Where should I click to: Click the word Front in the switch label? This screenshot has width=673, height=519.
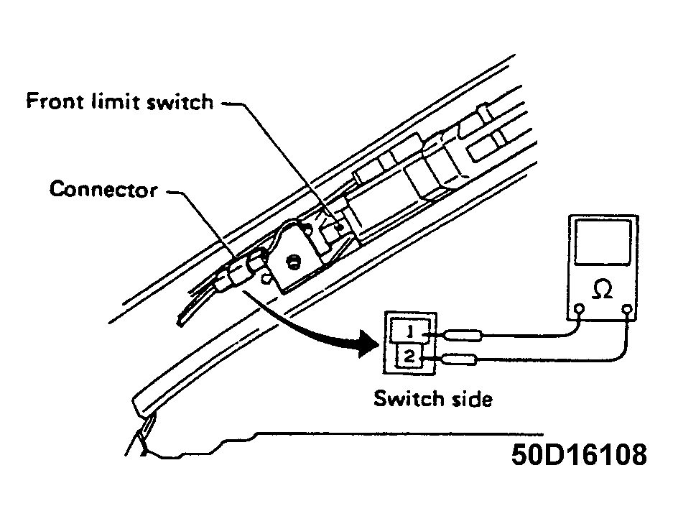tap(55, 101)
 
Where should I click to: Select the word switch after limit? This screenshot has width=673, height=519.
tap(180, 101)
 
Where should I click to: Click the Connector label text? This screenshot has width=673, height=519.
tap(103, 190)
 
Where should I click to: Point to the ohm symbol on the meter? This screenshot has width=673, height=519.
tap(602, 289)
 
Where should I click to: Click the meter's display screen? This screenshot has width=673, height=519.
tap(603, 243)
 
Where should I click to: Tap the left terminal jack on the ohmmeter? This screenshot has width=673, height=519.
tap(579, 308)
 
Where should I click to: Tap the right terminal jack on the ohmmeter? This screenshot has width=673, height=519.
tap(627, 309)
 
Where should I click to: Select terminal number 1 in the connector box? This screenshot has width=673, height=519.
tap(410, 331)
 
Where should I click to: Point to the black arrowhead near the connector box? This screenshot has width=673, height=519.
tap(368, 344)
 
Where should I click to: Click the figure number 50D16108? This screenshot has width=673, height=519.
tap(579, 454)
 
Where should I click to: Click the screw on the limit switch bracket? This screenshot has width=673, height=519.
tap(294, 261)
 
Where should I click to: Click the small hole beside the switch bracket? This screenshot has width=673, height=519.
tap(266, 279)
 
